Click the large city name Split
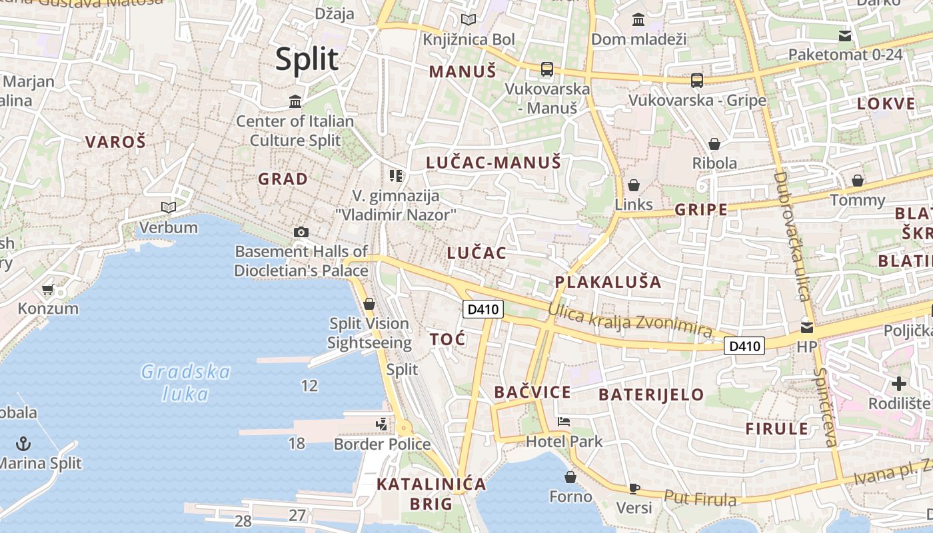click(307, 59)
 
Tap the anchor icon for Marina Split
click(23, 443)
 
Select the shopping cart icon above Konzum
click(47, 290)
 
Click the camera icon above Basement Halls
click(301, 232)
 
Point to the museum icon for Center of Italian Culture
click(295, 101)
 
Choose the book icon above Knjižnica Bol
click(468, 20)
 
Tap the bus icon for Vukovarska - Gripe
click(697, 81)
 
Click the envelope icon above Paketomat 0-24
click(845, 35)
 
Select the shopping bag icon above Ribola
click(714, 144)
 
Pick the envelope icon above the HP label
click(807, 327)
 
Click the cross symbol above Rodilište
click(899, 384)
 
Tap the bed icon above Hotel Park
click(564, 422)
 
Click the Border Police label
click(382, 444)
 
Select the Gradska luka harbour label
click(186, 382)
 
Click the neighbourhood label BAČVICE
click(532, 392)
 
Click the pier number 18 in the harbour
click(297, 442)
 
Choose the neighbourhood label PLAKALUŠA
click(608, 282)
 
